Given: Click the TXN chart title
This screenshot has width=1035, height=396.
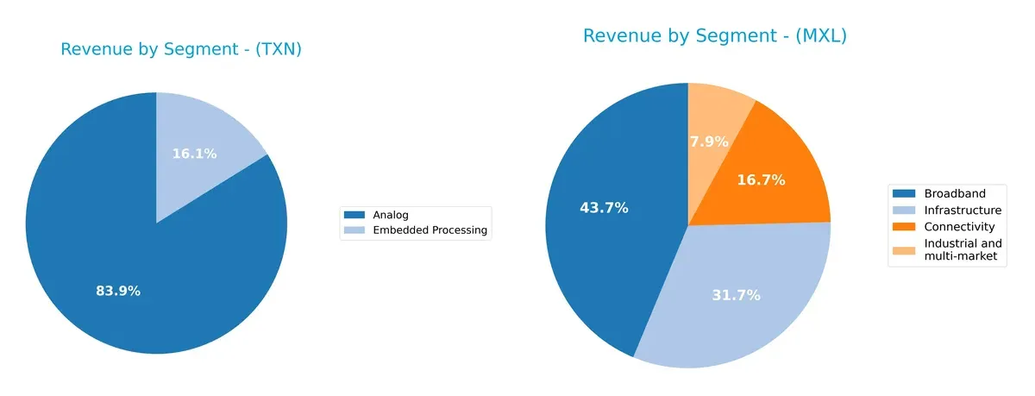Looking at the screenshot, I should tap(181, 50).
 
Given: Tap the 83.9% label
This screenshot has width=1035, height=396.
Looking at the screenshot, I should tap(118, 292).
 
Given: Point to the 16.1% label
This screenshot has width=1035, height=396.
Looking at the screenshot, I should tap(195, 154).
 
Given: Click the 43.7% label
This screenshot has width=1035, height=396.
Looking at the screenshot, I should tap(603, 208).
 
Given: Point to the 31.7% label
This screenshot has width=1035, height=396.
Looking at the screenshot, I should tap(736, 296).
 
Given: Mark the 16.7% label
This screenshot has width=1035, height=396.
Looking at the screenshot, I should tap(761, 180).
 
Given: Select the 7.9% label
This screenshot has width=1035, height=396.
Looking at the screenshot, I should tap(709, 141).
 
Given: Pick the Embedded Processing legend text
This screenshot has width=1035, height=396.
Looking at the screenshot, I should tap(429, 230).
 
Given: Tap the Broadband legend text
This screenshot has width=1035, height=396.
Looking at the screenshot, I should tap(954, 193).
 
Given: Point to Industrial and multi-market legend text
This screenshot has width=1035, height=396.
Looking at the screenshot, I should tap(963, 250).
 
